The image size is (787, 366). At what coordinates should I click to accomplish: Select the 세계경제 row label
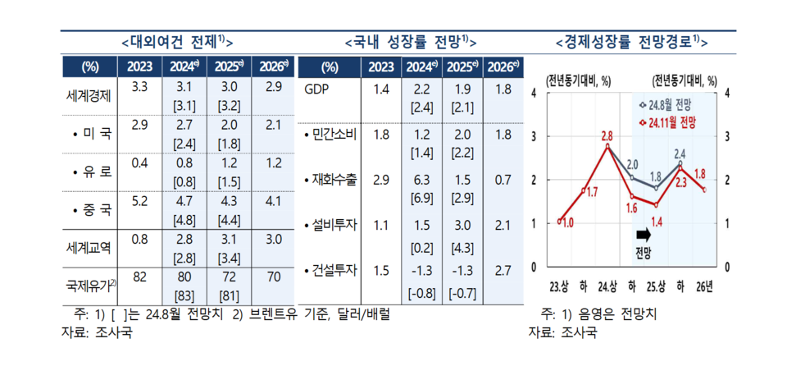point(93,95)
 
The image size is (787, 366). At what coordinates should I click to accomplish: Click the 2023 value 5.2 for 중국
point(139,199)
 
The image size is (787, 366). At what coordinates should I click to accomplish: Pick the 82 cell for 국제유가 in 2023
point(139,277)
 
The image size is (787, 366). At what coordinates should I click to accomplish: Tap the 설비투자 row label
point(330,224)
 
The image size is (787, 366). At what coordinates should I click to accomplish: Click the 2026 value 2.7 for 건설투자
point(503,270)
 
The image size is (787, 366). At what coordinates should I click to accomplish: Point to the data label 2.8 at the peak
point(607,135)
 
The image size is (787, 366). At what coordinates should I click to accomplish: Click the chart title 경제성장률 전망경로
point(631,41)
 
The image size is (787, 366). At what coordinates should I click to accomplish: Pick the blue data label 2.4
point(680,153)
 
